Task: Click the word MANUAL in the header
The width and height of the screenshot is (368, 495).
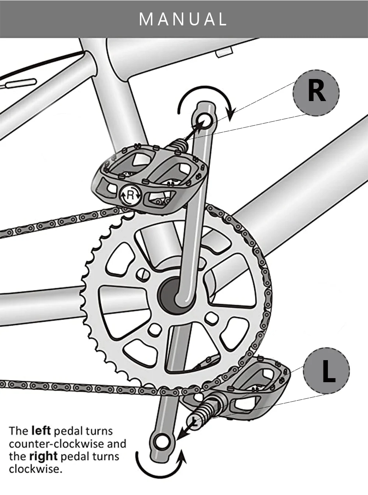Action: [x=183, y=19]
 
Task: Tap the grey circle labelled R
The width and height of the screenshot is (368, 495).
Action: [x=316, y=93]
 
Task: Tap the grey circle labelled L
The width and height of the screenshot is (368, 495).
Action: [x=326, y=371]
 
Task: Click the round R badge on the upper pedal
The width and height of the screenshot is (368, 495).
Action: [x=130, y=195]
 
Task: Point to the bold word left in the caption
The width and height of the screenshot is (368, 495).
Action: [x=41, y=430]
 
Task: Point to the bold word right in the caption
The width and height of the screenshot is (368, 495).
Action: [x=43, y=456]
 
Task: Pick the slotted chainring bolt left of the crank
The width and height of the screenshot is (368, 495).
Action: [x=143, y=273]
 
